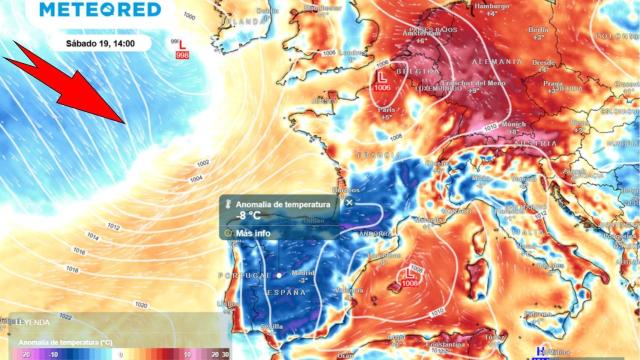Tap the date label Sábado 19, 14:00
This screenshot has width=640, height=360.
click(102, 45)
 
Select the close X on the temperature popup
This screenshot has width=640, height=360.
click(349, 201)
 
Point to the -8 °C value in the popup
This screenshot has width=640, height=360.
click(249, 216)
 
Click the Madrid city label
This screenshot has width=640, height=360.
click(302, 272)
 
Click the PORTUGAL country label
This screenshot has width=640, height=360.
click(250, 275)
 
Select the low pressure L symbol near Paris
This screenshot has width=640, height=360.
click(382, 75)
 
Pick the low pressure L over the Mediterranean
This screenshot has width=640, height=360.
click(408, 272)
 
